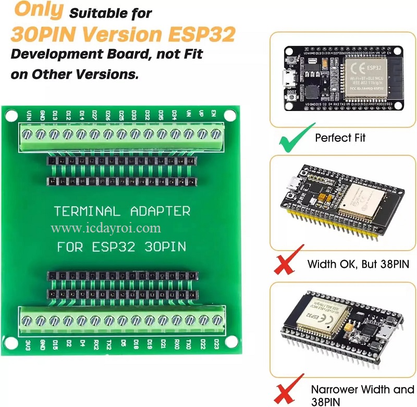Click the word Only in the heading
tap(37, 10)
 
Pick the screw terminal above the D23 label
tap(217, 319)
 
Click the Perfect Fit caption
tap(340, 138)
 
